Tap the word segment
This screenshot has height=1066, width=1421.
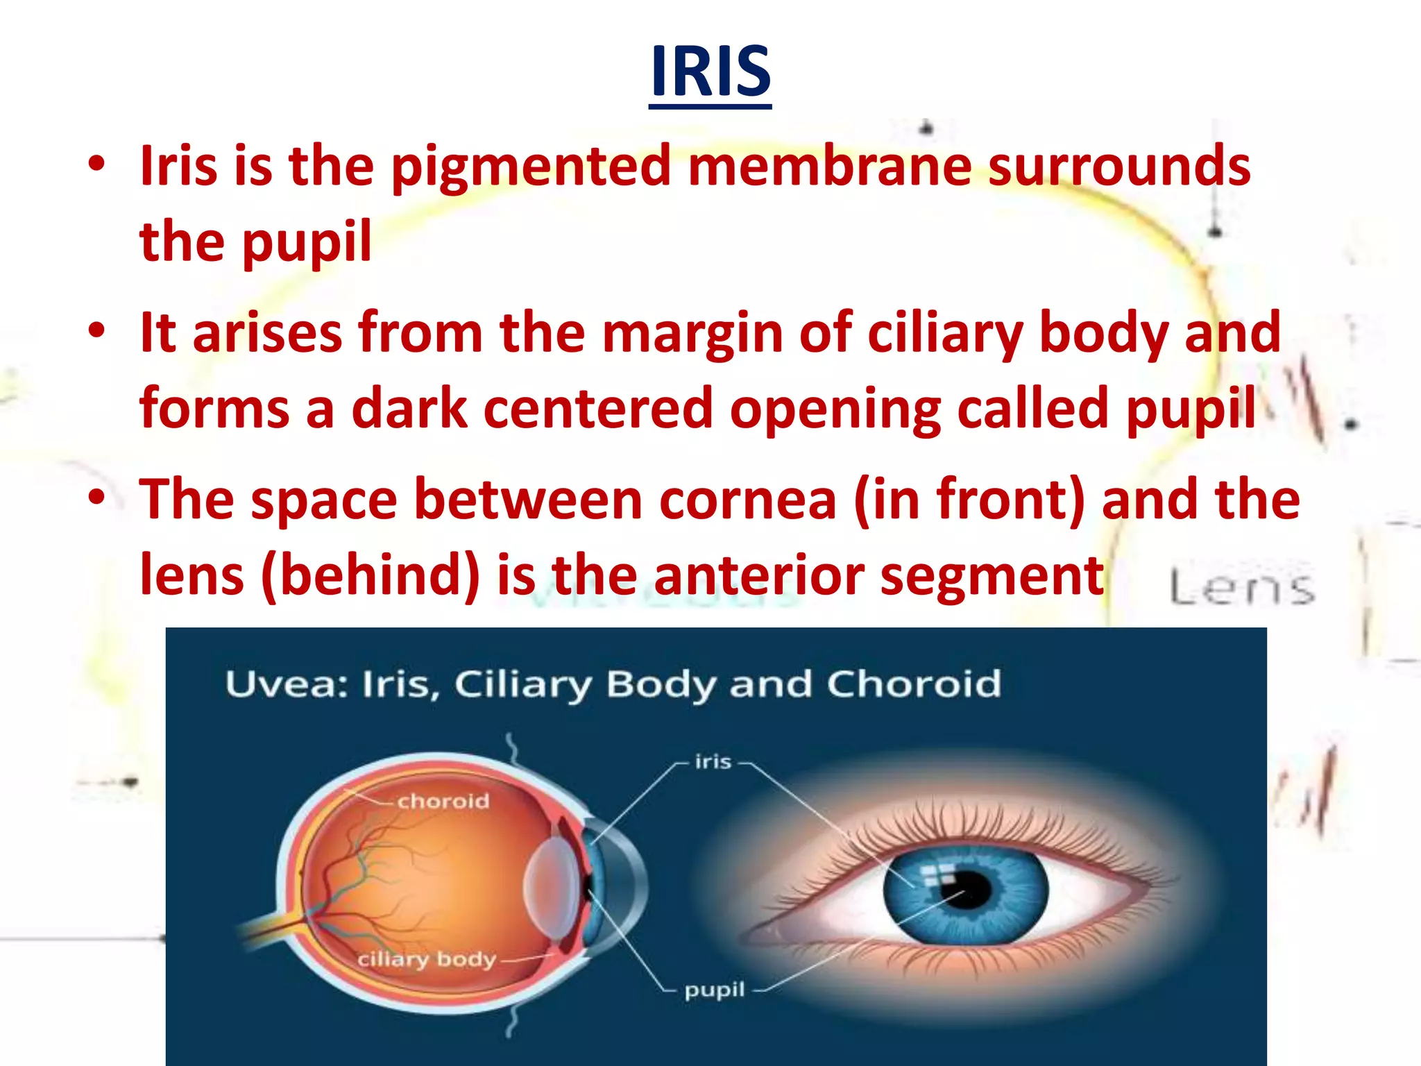tap(992, 576)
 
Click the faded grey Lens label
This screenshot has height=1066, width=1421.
tap(1242, 587)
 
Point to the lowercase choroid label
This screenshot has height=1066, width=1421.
tap(443, 801)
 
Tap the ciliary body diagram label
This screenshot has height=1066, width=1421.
tap(427, 959)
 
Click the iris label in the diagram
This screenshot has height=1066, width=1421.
tap(713, 762)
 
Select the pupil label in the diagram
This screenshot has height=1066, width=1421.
tap(714, 990)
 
